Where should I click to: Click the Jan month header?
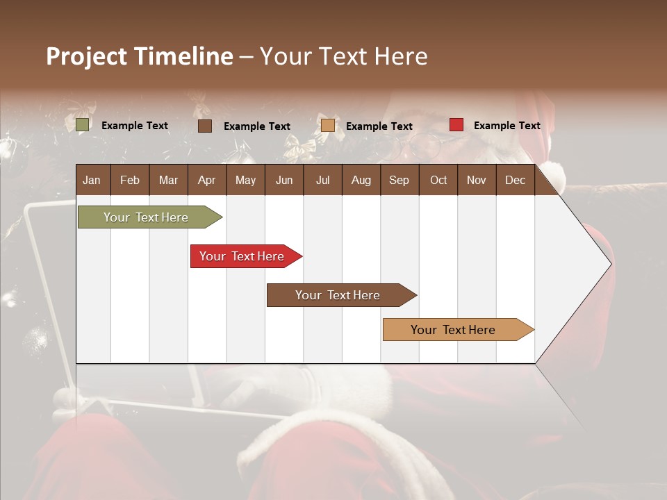[92, 180]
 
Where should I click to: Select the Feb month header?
[130, 180]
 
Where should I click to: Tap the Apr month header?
[206, 180]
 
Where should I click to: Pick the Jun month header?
[284, 180]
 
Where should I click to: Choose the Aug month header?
[361, 180]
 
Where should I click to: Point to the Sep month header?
[399, 180]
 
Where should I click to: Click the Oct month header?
[438, 180]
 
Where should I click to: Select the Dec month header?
[515, 180]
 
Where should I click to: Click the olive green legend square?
[83, 125]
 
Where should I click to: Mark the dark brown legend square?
[205, 126]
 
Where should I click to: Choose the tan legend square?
[328, 126]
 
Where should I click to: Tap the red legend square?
[456, 125]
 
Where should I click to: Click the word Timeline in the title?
[183, 56]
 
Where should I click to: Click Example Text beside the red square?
[507, 126]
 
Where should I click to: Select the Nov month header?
[476, 180]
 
